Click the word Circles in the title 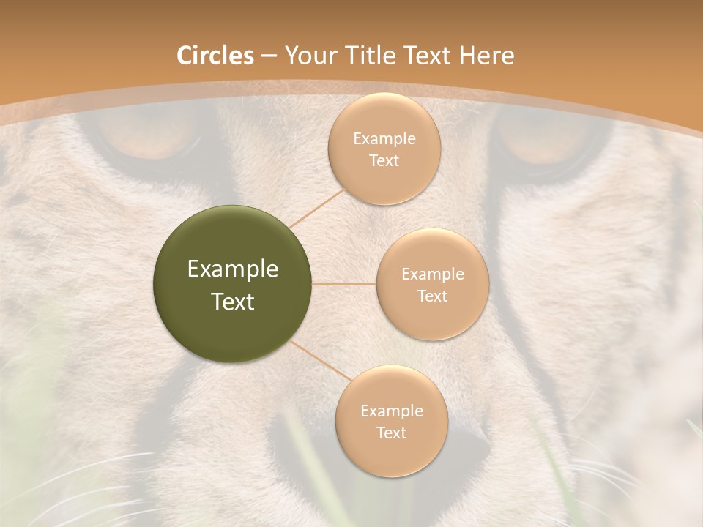[x=215, y=56]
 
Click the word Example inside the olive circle [x=232, y=269]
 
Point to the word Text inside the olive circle [x=232, y=302]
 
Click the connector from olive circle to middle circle [x=344, y=284]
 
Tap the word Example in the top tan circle [x=384, y=139]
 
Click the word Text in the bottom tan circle [x=391, y=433]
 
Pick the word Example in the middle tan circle [x=432, y=274]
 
